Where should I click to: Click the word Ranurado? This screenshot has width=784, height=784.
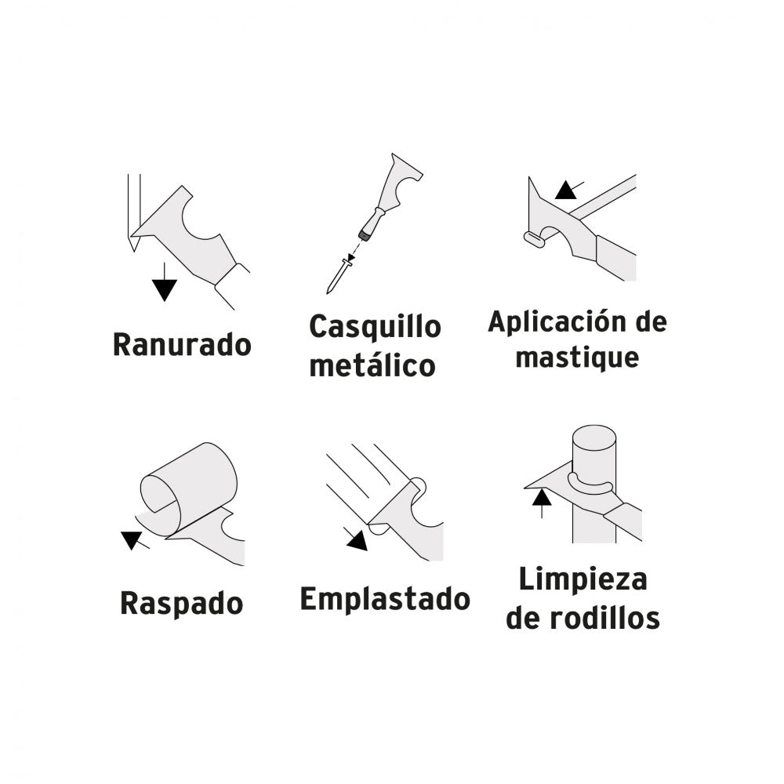182,344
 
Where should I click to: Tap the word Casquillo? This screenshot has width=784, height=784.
375,327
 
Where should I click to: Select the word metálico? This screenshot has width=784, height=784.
372,365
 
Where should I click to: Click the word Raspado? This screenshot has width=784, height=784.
182,604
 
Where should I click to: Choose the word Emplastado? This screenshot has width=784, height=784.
385,599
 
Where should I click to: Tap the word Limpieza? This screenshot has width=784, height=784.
583,579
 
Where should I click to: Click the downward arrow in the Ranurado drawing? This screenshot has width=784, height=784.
165,282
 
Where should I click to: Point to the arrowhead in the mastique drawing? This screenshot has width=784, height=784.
565,191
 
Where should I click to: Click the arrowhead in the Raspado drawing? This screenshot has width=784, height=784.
132,539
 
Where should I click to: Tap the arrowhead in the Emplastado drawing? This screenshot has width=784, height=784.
358,542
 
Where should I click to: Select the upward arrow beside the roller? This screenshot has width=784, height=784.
542,504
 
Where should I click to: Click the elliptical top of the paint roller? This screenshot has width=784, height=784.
594,438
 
